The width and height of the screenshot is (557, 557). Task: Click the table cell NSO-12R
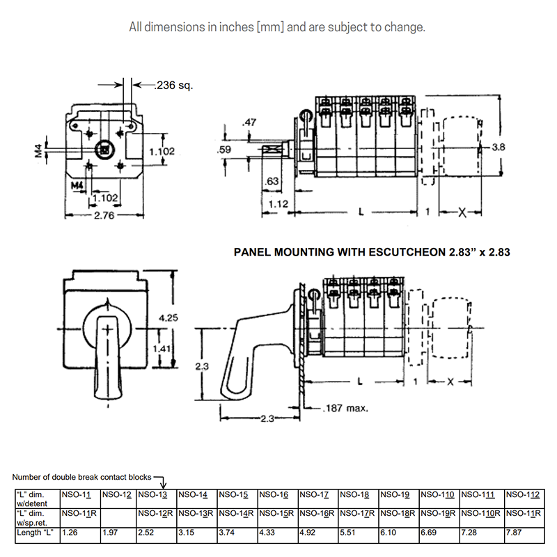pos(155,514)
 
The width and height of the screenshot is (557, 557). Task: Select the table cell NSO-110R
pos(478,514)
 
